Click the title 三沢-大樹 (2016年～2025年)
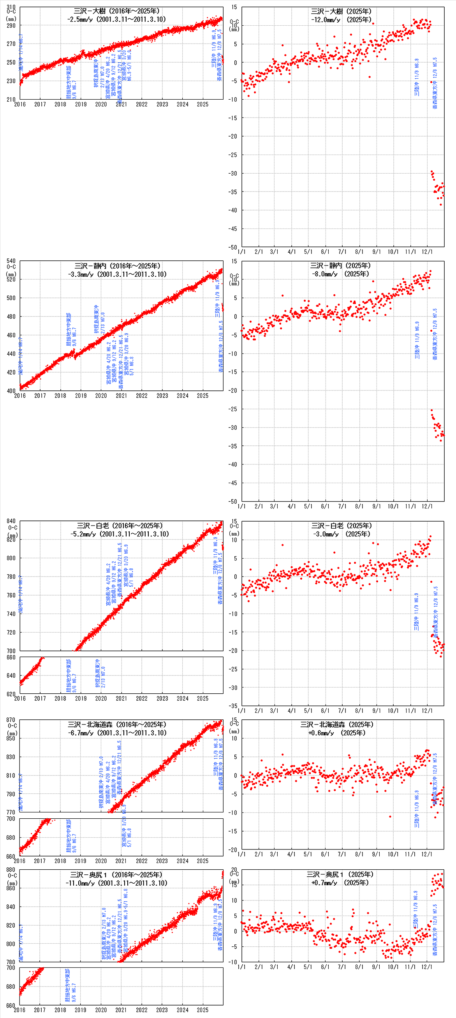(x=116, y=11)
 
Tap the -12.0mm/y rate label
(x=325, y=20)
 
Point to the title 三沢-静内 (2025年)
(x=340, y=265)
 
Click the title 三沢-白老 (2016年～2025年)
(x=119, y=526)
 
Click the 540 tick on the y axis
(x=11, y=261)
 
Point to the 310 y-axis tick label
(x=11, y=7)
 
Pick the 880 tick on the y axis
(x=11, y=869)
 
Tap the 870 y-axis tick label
(x=11, y=720)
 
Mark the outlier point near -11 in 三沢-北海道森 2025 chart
(x=390, y=816)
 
